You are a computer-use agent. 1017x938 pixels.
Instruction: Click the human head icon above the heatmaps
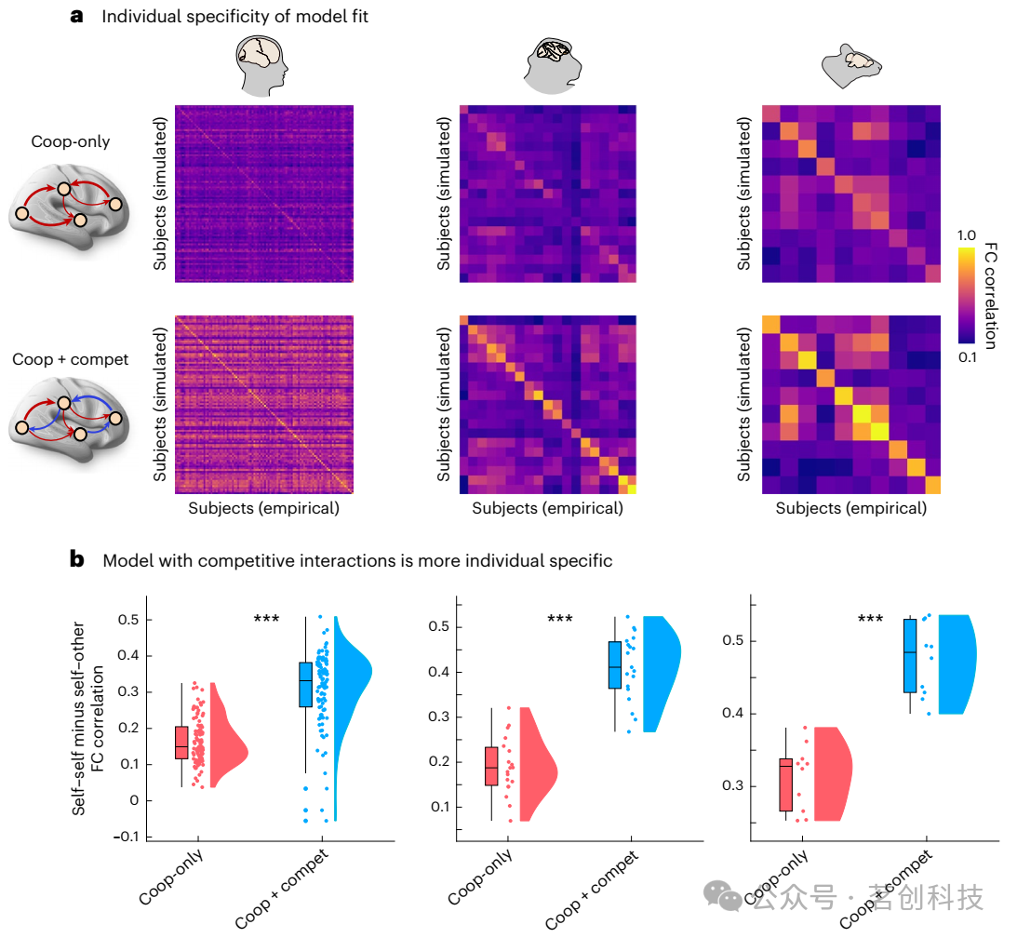263,65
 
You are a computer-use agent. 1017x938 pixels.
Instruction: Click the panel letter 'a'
78,16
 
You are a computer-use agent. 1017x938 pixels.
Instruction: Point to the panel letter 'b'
78,559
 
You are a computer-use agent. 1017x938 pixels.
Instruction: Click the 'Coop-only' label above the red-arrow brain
70,141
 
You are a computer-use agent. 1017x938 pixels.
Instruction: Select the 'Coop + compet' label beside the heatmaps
70,359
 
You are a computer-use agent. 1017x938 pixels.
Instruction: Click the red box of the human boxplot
181,743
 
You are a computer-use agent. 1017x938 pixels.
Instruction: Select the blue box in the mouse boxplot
909,655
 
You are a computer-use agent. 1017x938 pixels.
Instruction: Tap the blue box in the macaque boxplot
615,664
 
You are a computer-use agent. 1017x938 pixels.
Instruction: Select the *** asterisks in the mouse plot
870,619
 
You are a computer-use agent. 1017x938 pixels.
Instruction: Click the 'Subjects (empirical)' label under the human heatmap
263,509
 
